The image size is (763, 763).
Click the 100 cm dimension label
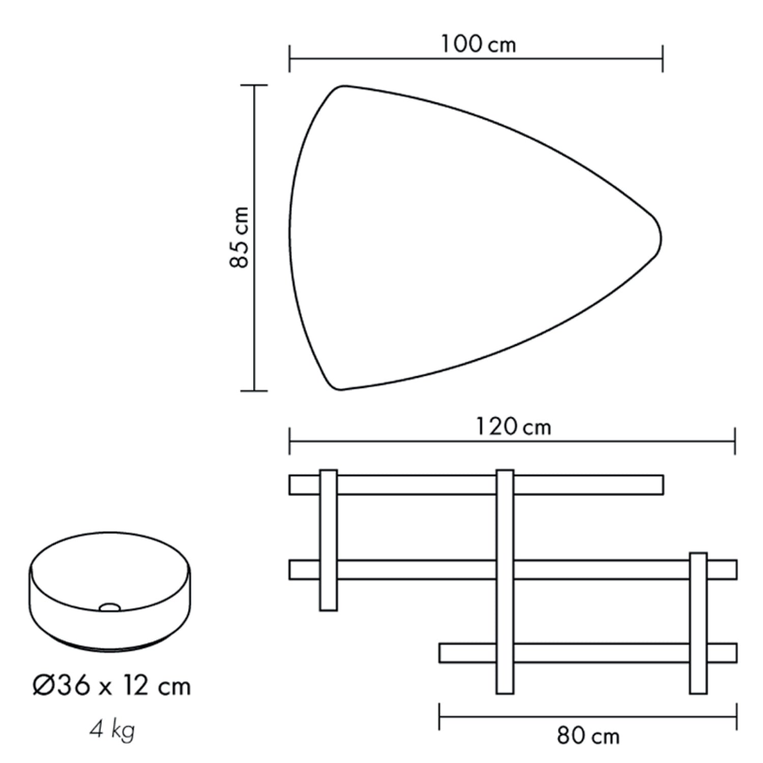[478, 44]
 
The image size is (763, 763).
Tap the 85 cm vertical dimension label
[239, 237]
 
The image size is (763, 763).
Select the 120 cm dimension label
[513, 427]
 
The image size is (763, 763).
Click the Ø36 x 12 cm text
[111, 686]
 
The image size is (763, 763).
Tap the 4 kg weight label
[113, 731]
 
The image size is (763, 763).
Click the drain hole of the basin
[110, 606]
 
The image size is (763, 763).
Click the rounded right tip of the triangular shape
[660, 238]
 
